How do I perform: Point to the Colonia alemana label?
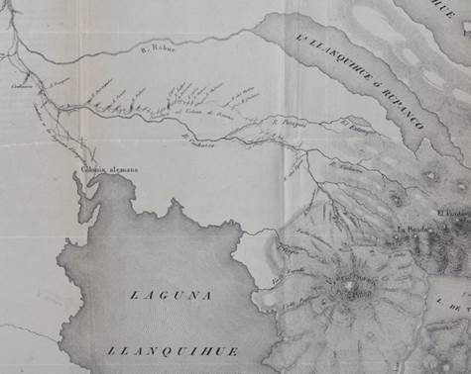point(109,169)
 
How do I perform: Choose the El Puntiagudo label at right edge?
point(452,214)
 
